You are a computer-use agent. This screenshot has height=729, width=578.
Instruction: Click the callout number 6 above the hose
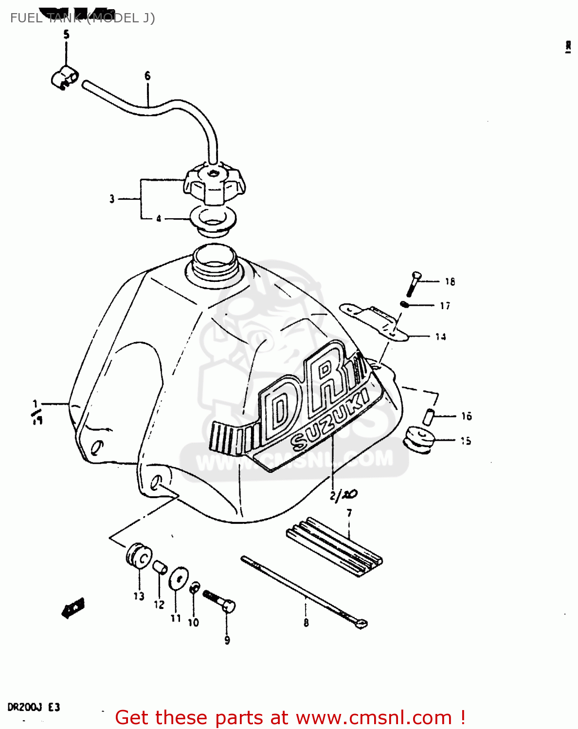coord(147,76)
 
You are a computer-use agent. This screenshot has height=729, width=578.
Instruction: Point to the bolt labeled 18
coord(413,283)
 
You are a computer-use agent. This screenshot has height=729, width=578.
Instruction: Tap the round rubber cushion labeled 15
coord(419,439)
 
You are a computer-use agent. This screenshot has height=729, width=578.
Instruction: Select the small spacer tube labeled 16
coord(428,417)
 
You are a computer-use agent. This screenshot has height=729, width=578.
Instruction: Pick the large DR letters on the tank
coord(307,389)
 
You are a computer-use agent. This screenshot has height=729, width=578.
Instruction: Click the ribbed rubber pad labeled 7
coord(334,547)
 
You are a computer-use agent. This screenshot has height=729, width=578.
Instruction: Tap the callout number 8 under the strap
coord(306,623)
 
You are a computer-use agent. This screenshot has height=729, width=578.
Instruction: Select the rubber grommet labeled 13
coord(139,555)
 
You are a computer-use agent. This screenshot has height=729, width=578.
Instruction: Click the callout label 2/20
coord(343,495)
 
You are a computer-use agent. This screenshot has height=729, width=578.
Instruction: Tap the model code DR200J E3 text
coord(34,707)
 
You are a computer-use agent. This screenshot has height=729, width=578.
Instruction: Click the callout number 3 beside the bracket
coord(112,199)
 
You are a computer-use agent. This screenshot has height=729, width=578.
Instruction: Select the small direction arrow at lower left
coord(73,607)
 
